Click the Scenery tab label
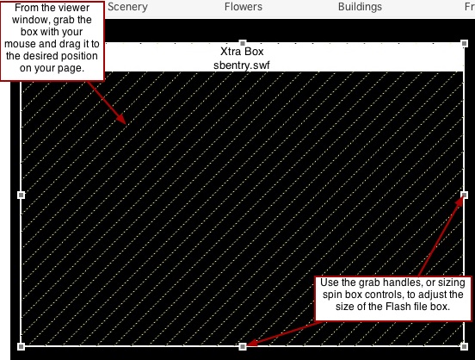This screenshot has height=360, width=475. [x=127, y=7]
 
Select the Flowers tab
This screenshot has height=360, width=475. [x=244, y=7]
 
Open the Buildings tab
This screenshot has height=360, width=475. [x=360, y=7]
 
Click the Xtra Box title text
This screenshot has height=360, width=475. [x=242, y=52]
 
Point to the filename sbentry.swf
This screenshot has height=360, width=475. [x=242, y=65]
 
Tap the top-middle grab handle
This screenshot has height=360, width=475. [x=243, y=43]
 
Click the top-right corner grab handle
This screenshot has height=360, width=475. [x=465, y=43]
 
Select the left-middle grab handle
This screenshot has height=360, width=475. [x=21, y=195]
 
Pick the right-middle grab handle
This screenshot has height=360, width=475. [x=465, y=195]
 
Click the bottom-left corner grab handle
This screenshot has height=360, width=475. [x=21, y=346]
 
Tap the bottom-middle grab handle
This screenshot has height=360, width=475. [x=243, y=346]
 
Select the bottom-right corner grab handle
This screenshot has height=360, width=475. [x=465, y=346]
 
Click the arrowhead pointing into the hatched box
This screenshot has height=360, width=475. [x=121, y=119]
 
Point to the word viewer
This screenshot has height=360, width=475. [x=75, y=9]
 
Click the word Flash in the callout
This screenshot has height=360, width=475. [x=400, y=307]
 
